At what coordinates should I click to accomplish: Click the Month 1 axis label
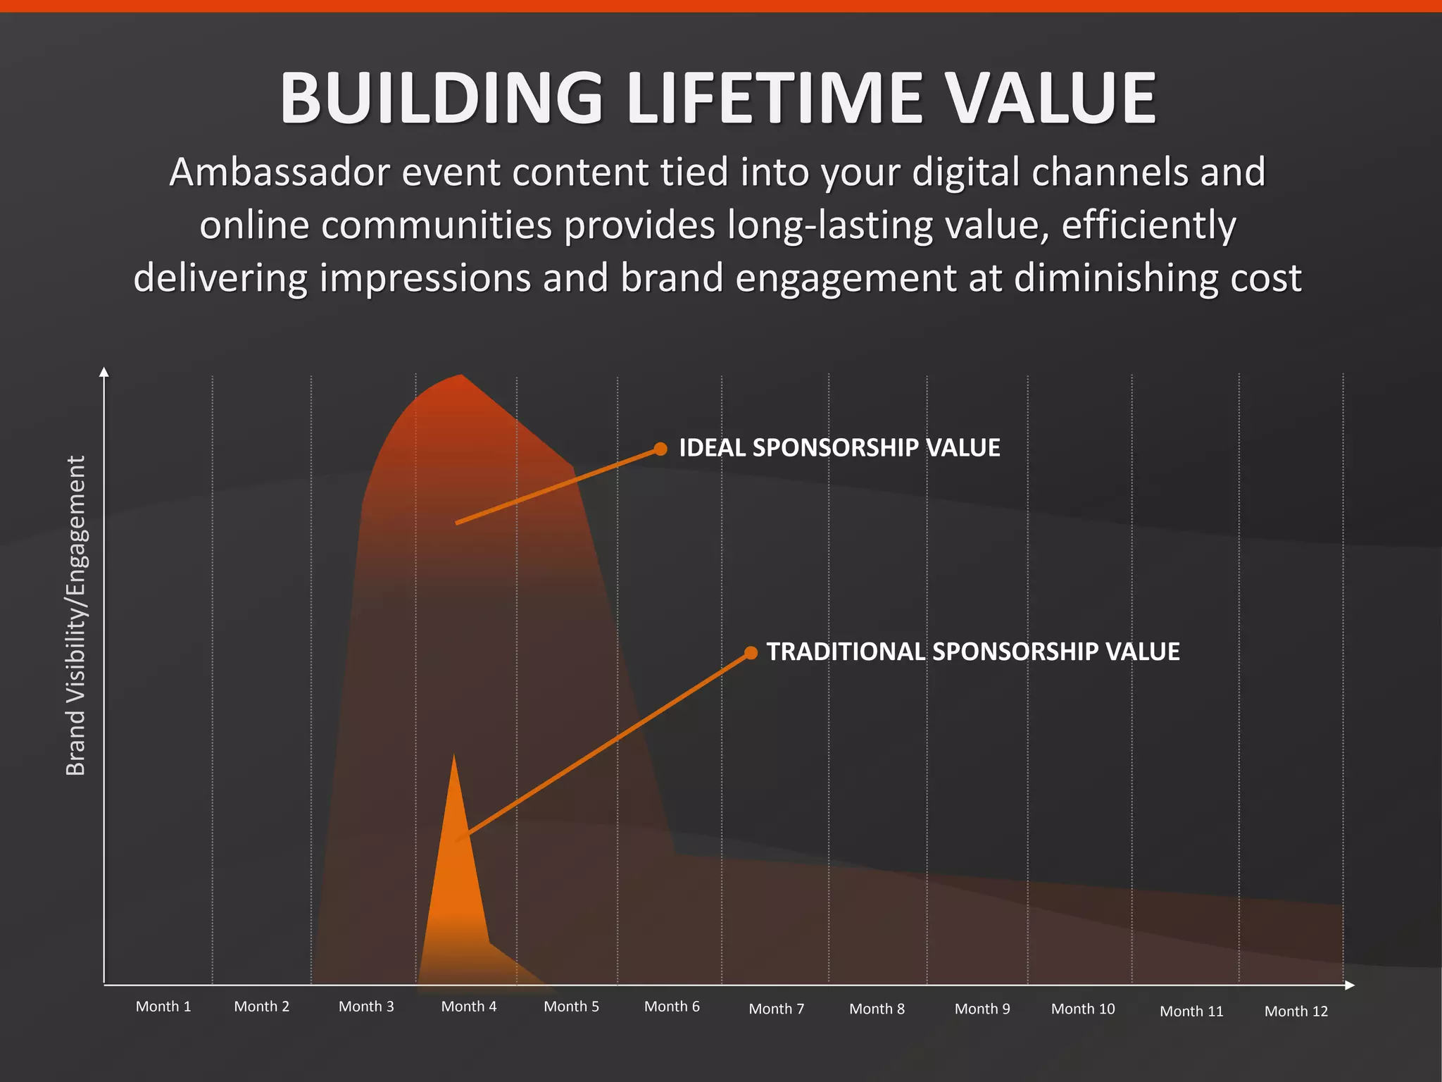coord(163,1007)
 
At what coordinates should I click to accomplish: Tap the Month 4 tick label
coord(469,1007)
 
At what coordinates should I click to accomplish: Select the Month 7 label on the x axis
coord(777,1009)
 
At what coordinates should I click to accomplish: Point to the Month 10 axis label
coord(1083,1009)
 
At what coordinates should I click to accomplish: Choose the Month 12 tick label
coord(1296,1012)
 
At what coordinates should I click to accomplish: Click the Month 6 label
coord(672,1007)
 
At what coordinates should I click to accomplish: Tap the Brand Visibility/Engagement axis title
coord(75,616)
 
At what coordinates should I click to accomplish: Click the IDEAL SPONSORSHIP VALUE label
coord(839,448)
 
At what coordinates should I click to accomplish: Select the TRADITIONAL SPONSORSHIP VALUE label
coord(973,652)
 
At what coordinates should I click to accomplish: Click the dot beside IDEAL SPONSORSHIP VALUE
coord(660,449)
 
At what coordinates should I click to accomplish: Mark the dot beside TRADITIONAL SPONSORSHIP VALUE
coord(751,653)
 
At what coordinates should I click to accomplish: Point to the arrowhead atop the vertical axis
coord(104,372)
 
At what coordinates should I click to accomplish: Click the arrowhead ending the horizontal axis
coord(1349,985)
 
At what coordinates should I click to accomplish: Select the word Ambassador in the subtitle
coord(280,173)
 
